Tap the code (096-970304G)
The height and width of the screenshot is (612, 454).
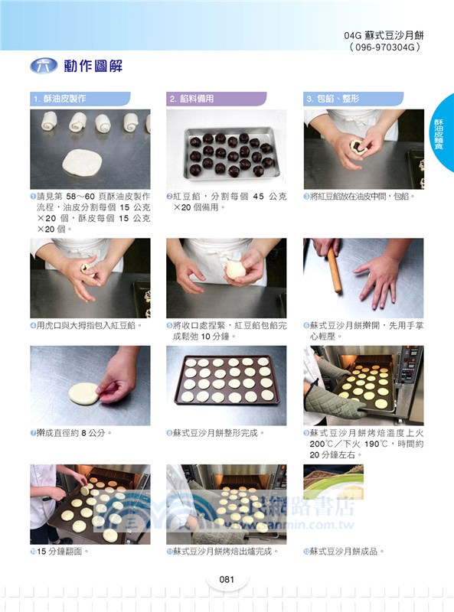[x=386, y=47]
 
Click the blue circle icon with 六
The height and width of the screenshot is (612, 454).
[x=44, y=66]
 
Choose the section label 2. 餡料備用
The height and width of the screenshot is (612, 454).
[x=192, y=99]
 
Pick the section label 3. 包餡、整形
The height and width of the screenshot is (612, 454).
[x=333, y=99]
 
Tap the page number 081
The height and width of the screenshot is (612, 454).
[x=226, y=579]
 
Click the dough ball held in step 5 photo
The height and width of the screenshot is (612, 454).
[x=234, y=269]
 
